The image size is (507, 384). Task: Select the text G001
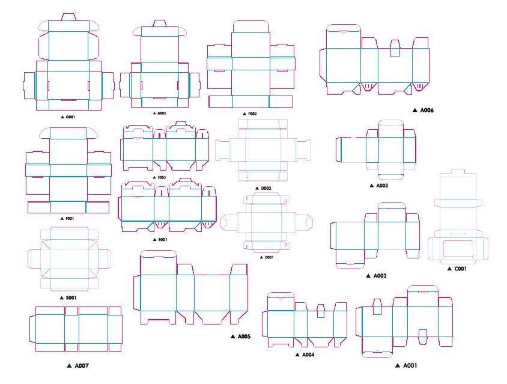(70, 117)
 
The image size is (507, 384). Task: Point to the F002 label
(252, 114)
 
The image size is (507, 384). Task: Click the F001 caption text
(68, 219)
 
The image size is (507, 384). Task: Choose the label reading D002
(266, 188)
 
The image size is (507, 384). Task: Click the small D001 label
(268, 257)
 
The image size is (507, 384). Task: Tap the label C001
(460, 269)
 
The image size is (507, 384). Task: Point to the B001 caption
(71, 298)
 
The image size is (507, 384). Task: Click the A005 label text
(243, 337)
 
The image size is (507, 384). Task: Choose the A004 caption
(308, 355)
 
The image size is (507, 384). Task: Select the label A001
(409, 365)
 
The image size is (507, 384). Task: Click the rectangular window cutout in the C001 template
(459, 248)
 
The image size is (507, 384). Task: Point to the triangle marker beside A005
(233, 337)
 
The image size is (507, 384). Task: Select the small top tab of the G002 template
(159, 23)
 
